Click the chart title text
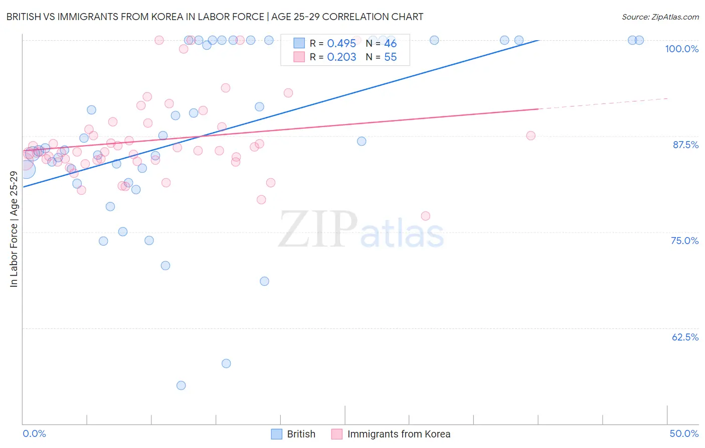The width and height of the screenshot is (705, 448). [215, 17]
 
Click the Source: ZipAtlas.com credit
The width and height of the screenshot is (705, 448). [660, 17]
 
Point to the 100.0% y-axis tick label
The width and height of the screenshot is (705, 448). [681, 49]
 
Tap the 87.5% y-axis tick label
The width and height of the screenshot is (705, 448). [685, 145]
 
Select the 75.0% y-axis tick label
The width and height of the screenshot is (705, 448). [684, 241]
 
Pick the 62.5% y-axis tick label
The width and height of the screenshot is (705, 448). [685, 337]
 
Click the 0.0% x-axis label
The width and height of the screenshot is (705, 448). [34, 433]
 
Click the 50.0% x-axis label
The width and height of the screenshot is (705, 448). [684, 433]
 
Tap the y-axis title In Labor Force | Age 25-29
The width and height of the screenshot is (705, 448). [14, 229]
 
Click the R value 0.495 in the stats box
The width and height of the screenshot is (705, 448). [341, 44]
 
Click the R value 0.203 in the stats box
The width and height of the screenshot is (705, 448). [341, 57]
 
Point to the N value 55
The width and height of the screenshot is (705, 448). [390, 57]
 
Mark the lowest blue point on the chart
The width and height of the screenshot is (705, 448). [181, 385]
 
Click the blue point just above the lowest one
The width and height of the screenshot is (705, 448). [226, 363]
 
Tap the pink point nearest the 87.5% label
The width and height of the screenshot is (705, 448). [531, 136]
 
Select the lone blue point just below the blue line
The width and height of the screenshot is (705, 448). [362, 141]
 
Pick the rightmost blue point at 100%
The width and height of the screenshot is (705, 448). [639, 40]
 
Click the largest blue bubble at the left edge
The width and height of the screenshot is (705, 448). [26, 170]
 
